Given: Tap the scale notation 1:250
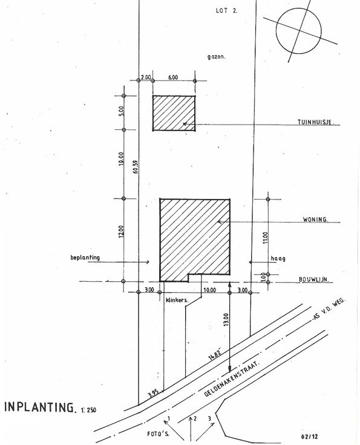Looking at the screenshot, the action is pyautogui.click(x=88, y=410).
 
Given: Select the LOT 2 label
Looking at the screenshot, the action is pyautogui.click(x=226, y=11).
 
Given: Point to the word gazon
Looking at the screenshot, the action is pyautogui.click(x=217, y=56).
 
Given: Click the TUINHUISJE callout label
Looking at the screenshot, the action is pyautogui.click(x=315, y=122).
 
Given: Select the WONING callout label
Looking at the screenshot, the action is pyautogui.click(x=315, y=219).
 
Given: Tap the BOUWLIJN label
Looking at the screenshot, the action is pyautogui.click(x=314, y=279).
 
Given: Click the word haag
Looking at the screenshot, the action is pyautogui.click(x=278, y=259).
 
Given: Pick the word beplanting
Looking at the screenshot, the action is pyautogui.click(x=85, y=258).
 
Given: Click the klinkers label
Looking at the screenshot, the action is pyautogui.click(x=177, y=300).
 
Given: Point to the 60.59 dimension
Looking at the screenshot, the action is pyautogui.click(x=135, y=167).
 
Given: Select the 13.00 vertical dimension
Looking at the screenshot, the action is pyautogui.click(x=226, y=319).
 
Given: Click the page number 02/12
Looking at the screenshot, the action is pyautogui.click(x=309, y=437).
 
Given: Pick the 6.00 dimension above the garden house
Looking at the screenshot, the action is pyautogui.click(x=173, y=77).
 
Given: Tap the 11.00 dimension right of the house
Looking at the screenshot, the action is pyautogui.click(x=265, y=237).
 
